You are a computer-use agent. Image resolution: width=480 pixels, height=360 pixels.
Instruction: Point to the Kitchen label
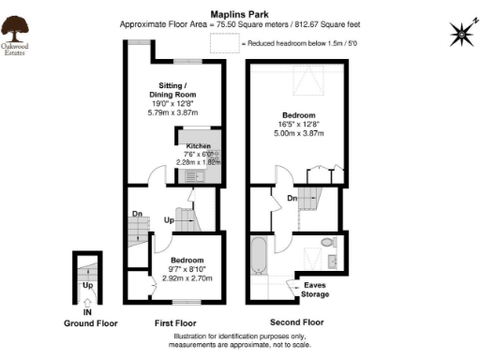coord(198,147)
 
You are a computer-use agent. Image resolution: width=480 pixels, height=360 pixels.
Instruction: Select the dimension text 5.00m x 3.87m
coord(300,133)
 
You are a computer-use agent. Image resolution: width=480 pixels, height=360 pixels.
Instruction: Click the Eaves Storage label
coord(315,290)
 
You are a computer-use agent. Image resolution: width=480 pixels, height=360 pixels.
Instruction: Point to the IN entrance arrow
coord(86,302)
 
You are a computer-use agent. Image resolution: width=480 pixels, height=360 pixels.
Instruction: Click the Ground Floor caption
coord(90,322)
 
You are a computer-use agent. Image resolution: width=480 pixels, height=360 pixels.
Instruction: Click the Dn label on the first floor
coord(137,213)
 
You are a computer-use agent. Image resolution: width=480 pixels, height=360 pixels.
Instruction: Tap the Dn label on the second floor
coord(292,199)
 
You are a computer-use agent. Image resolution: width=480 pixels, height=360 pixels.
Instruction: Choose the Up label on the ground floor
coord(87,284)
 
